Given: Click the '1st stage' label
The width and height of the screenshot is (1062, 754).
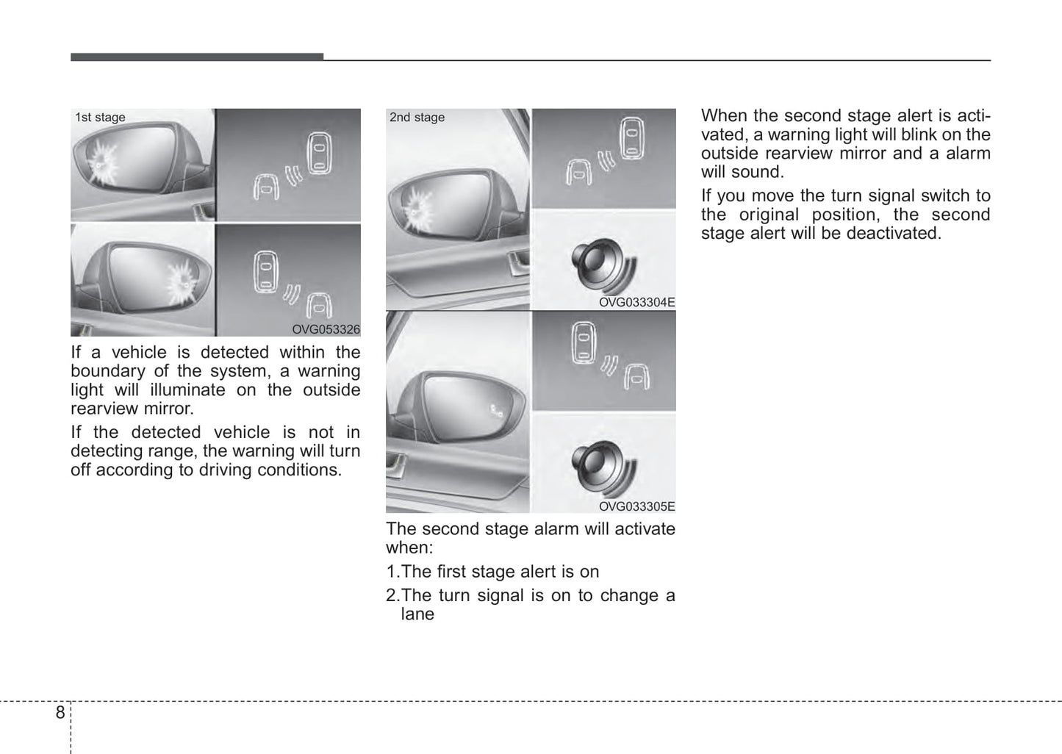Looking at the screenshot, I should click(100, 118).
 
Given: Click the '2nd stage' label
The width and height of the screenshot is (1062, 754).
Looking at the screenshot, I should click(417, 118).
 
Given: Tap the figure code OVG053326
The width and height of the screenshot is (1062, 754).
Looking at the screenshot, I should click(326, 330).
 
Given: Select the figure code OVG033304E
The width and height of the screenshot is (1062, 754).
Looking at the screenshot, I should click(636, 302).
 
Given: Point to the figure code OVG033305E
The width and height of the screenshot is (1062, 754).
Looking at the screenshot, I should click(636, 506).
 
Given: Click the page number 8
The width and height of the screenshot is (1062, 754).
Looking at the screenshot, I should click(60, 712).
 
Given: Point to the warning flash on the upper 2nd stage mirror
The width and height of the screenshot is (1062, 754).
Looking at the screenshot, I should click(417, 207).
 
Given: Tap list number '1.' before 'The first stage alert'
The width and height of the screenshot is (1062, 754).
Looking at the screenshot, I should click(392, 572).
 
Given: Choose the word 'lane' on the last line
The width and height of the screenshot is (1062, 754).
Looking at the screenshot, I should click(417, 614).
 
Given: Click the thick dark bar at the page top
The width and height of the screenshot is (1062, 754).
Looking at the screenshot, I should click(197, 57).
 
